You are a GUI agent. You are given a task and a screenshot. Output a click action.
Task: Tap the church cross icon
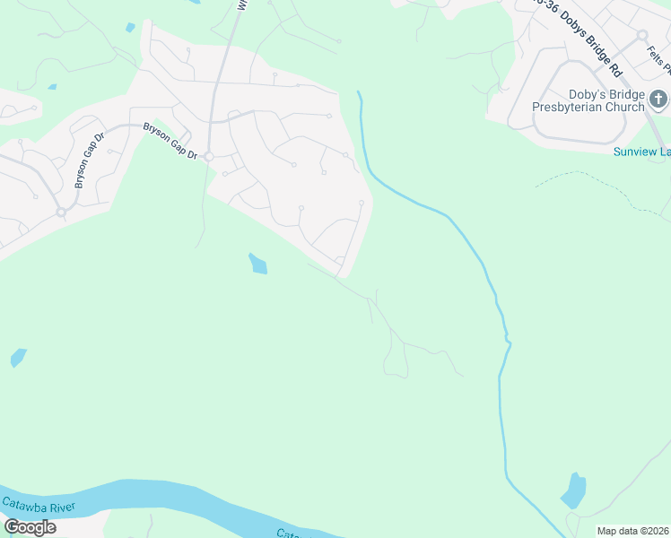(658, 98)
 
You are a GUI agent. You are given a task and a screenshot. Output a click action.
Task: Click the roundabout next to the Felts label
(642, 35)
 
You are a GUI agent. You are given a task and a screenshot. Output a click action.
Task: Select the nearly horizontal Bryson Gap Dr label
(170, 141)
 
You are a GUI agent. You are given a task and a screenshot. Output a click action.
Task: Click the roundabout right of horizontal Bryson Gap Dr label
(208, 157)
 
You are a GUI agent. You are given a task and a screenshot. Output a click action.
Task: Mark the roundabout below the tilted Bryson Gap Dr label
(61, 213)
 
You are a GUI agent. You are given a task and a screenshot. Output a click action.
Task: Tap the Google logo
(30, 527)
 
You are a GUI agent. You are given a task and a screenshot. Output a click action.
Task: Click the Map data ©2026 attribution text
(633, 531)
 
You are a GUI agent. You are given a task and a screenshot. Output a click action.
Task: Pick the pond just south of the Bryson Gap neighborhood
(257, 264)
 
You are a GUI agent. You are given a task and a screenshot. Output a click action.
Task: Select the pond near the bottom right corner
(572, 490)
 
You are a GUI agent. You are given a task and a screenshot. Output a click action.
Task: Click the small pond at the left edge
(18, 359)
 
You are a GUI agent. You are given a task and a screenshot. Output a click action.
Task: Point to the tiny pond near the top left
(130, 28)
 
